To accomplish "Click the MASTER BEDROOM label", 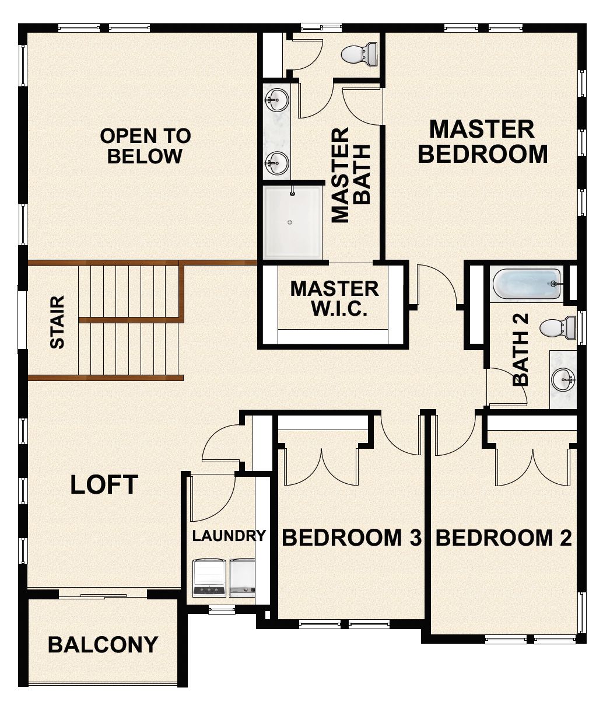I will (x=482, y=142).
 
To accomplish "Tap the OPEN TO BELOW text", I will (x=145, y=146).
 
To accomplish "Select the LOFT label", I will (x=104, y=485).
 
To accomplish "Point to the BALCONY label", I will (x=103, y=644).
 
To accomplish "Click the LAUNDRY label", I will (x=229, y=535).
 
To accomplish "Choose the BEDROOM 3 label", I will (x=351, y=538).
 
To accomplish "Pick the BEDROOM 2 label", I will (x=504, y=538).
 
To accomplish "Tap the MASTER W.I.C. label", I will (x=334, y=298).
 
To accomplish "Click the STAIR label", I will (x=57, y=322).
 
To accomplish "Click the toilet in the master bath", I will (x=357, y=54).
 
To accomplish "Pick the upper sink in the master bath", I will (x=276, y=100).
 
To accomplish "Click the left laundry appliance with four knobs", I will (x=209, y=578).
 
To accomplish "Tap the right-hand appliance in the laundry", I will (x=242, y=578).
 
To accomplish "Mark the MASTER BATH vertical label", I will (x=351, y=175).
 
